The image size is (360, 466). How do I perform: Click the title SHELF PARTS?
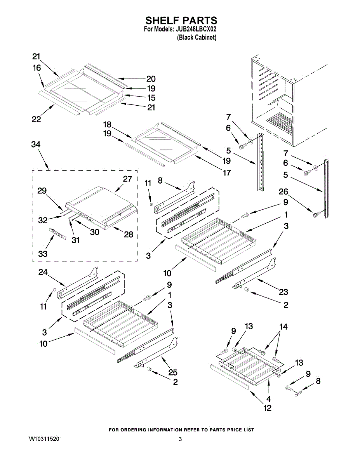181,21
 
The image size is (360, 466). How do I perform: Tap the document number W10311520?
44,439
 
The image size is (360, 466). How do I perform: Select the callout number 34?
36,144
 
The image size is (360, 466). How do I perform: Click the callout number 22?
36,120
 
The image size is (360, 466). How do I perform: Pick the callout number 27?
127,179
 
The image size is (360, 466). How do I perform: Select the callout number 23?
283,292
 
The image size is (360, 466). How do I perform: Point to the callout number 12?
268,408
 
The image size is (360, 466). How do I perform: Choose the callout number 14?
283,327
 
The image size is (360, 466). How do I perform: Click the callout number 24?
43,273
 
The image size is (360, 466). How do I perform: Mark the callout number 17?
226,172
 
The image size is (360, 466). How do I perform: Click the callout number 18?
107,125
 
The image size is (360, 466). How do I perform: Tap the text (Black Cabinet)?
197,38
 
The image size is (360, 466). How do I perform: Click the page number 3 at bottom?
180,439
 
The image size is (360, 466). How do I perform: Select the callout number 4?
268,399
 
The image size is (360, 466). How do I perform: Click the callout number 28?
128,234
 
